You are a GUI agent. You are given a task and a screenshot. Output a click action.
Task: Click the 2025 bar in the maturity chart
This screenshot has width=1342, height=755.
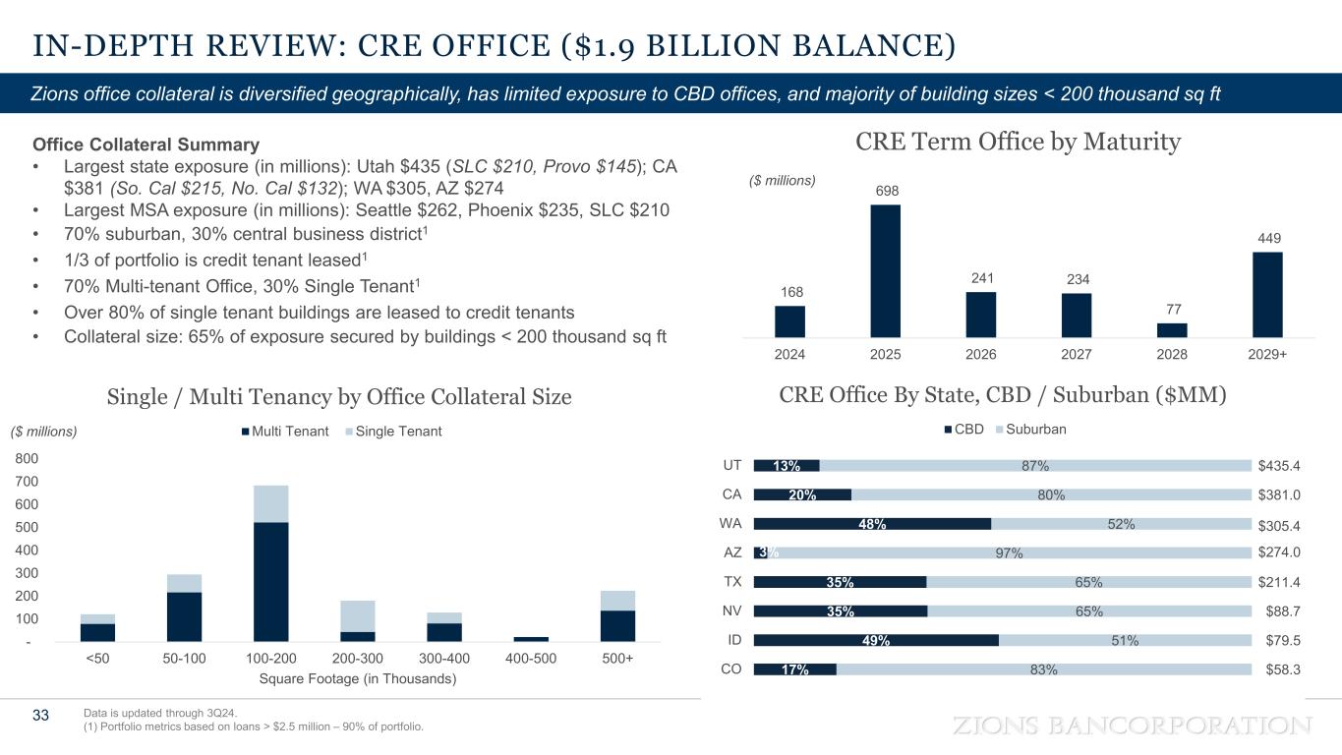point(885,270)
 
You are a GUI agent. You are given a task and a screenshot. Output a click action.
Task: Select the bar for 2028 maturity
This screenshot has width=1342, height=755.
point(1172,329)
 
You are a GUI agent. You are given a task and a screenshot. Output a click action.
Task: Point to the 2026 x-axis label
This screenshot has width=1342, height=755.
point(981,354)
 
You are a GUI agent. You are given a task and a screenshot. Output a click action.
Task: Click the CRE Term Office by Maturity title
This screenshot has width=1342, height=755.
point(1018,143)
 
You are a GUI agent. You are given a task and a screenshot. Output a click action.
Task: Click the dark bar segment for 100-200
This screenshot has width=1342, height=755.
point(270,581)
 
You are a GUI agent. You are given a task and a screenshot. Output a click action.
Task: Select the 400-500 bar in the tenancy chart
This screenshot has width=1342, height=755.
point(532,639)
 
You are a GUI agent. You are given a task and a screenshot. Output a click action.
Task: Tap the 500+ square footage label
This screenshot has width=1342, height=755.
point(617,659)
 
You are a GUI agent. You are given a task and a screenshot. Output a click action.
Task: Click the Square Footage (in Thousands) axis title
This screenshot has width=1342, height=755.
point(357,678)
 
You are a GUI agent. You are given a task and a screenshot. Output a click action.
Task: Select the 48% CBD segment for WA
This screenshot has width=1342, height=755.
point(872,524)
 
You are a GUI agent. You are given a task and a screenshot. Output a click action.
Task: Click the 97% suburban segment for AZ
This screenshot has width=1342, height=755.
point(1008,552)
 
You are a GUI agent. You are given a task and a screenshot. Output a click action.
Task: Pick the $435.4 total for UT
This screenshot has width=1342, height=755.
point(1279,466)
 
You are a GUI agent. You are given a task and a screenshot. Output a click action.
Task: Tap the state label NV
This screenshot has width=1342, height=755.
point(731,610)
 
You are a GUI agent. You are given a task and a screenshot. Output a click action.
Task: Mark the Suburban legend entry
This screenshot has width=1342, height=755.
point(1029,430)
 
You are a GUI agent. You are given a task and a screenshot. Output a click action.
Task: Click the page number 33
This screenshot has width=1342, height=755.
point(40,715)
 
